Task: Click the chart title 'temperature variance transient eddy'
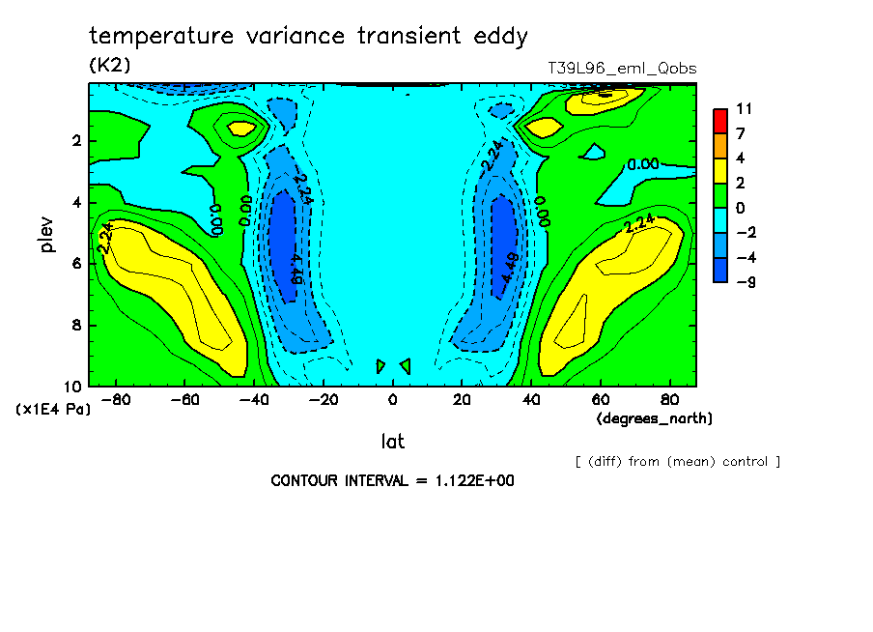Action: (308, 37)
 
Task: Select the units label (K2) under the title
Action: (109, 65)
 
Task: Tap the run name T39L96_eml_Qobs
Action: (622, 69)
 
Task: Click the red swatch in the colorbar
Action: (720, 120)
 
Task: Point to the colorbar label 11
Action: (744, 109)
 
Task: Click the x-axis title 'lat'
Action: (392, 442)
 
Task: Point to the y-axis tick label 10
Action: (73, 386)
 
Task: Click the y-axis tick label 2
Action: (76, 141)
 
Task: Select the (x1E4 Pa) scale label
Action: (53, 410)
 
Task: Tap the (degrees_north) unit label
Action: (655, 417)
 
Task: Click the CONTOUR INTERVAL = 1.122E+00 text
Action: (392, 480)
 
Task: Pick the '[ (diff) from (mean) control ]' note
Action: (677, 461)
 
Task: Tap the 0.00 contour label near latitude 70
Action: (642, 164)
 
